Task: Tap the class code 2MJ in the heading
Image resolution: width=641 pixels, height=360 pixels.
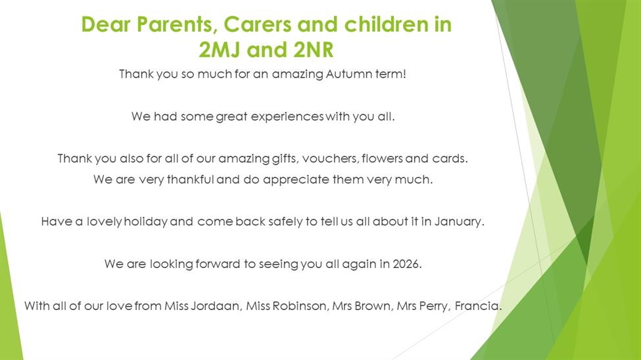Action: tap(220, 50)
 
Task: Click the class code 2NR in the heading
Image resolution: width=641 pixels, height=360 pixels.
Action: tap(313, 50)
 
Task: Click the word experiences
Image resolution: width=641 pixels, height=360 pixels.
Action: tap(287, 117)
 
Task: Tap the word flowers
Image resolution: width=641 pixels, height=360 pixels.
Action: tap(382, 158)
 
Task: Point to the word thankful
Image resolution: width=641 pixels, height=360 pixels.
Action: tap(191, 179)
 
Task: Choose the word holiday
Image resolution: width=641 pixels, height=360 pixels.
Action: tap(145, 222)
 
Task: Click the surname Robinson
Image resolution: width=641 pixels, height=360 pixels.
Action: tap(300, 305)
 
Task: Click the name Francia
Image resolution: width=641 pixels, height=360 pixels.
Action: tap(477, 305)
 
